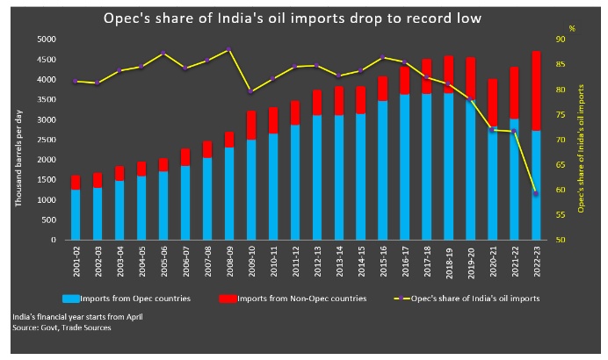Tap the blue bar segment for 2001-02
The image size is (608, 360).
(x=76, y=214)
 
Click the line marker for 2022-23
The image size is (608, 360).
(x=536, y=193)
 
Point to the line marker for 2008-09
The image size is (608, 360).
(x=228, y=49)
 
